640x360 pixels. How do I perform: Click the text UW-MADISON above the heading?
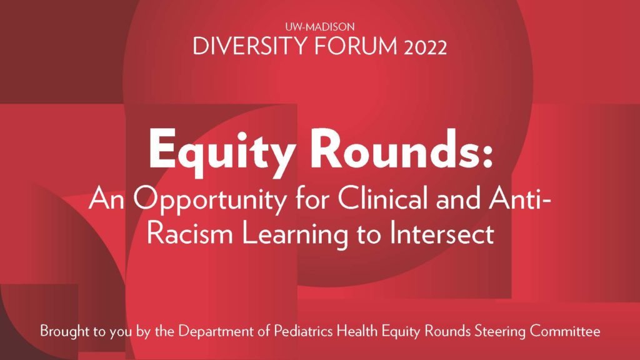point(319,27)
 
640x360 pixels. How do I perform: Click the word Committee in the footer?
point(565,331)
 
